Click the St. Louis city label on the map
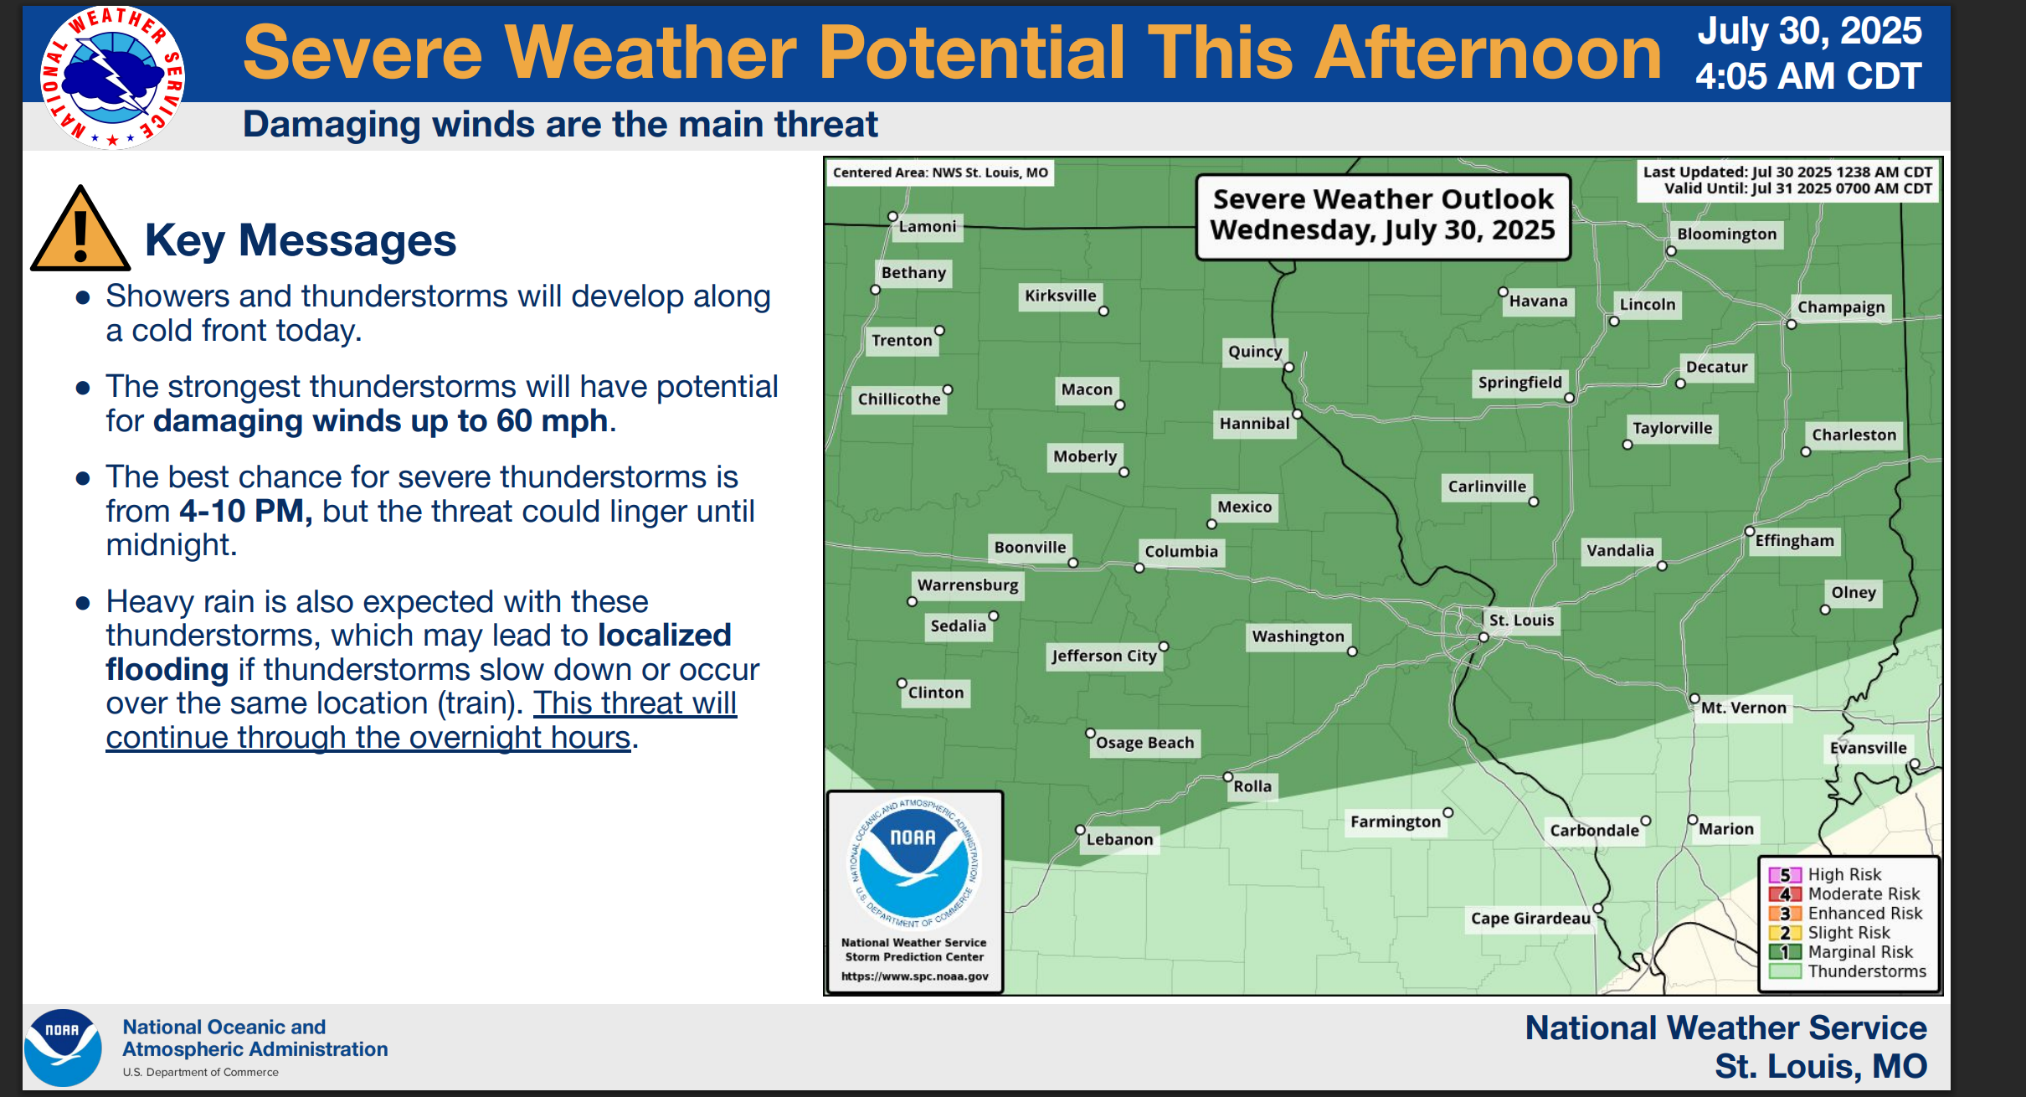point(1521,621)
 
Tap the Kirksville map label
point(1060,296)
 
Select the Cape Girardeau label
point(1530,919)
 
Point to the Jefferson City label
point(1104,656)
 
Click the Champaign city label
point(1841,307)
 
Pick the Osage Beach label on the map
point(1144,743)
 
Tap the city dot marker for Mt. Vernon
point(1694,698)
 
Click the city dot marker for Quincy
point(1289,367)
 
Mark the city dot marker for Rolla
point(1228,777)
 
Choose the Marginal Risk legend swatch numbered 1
point(1785,952)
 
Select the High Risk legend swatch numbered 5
point(1785,875)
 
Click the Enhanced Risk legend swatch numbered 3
point(1785,914)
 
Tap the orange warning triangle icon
point(80,229)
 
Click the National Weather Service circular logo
point(112,77)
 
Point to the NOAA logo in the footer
point(63,1048)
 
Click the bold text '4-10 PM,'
point(246,511)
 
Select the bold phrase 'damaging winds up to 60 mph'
point(380,420)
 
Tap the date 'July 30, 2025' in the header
point(1809,32)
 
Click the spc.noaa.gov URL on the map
point(915,976)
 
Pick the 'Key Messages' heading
point(301,240)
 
